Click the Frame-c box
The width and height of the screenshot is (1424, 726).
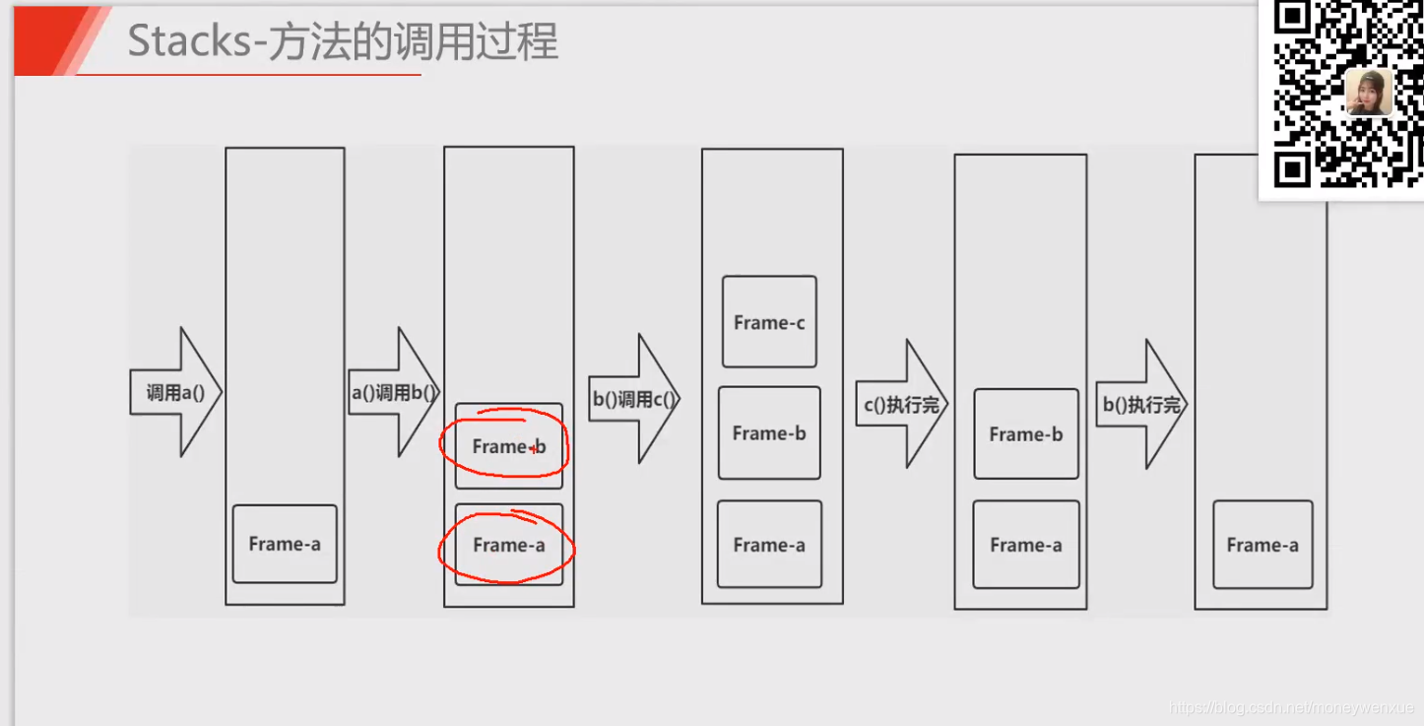point(769,322)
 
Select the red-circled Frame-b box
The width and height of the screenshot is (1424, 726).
point(508,446)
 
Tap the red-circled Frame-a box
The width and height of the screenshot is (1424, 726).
point(508,545)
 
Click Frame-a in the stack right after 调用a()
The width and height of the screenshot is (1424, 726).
point(285,544)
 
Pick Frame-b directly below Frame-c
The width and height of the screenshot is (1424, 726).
point(769,433)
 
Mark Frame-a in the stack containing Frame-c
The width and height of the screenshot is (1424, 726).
point(769,545)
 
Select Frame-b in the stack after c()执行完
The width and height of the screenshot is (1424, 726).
point(1026,434)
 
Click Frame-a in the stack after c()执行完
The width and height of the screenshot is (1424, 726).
point(1026,545)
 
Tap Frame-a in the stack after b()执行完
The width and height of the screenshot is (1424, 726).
point(1262,545)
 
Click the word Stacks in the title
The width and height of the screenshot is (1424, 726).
point(189,42)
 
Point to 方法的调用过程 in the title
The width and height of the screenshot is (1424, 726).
point(413,42)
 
